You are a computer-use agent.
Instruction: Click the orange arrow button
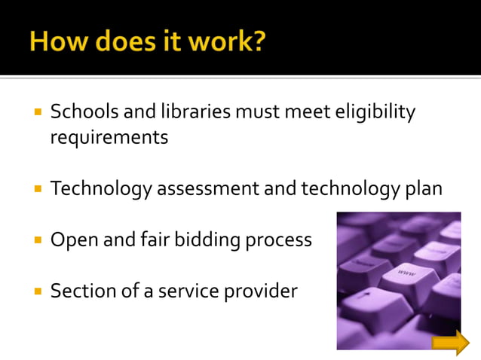click(x=451, y=343)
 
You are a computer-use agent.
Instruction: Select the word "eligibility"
click(x=375, y=113)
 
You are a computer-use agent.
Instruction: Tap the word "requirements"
click(x=109, y=139)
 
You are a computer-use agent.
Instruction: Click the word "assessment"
click(x=209, y=188)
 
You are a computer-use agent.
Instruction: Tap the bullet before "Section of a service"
click(x=35, y=291)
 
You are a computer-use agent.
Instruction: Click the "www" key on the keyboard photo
click(x=405, y=270)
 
